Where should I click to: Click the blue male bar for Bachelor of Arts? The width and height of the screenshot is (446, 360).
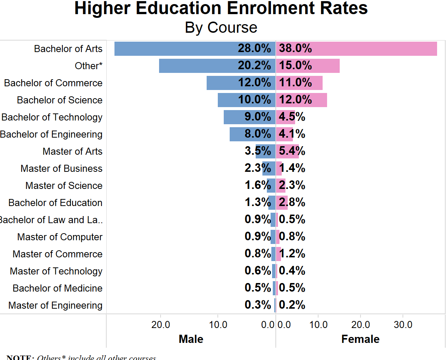(x=175, y=49)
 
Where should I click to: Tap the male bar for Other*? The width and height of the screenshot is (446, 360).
(x=197, y=66)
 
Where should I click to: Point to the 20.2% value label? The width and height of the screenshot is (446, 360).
(x=254, y=66)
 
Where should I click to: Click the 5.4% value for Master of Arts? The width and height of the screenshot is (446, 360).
(x=292, y=151)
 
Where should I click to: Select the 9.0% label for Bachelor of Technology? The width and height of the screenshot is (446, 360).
(x=258, y=117)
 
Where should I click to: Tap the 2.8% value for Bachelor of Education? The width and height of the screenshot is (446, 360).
(x=292, y=203)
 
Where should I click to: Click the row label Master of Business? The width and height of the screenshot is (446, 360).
(x=61, y=168)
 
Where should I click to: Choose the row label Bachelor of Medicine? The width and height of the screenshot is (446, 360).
(x=58, y=288)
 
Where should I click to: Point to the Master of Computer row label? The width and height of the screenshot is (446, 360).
(x=60, y=237)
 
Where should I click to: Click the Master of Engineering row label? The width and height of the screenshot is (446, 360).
(x=55, y=305)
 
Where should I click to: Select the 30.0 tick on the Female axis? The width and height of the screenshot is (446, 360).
(x=403, y=325)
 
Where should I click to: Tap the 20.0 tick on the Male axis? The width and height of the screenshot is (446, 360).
(x=161, y=325)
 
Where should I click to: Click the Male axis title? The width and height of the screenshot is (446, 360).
(x=191, y=339)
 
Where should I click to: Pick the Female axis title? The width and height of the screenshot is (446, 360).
(x=360, y=339)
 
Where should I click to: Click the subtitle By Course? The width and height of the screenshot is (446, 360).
(x=221, y=28)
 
